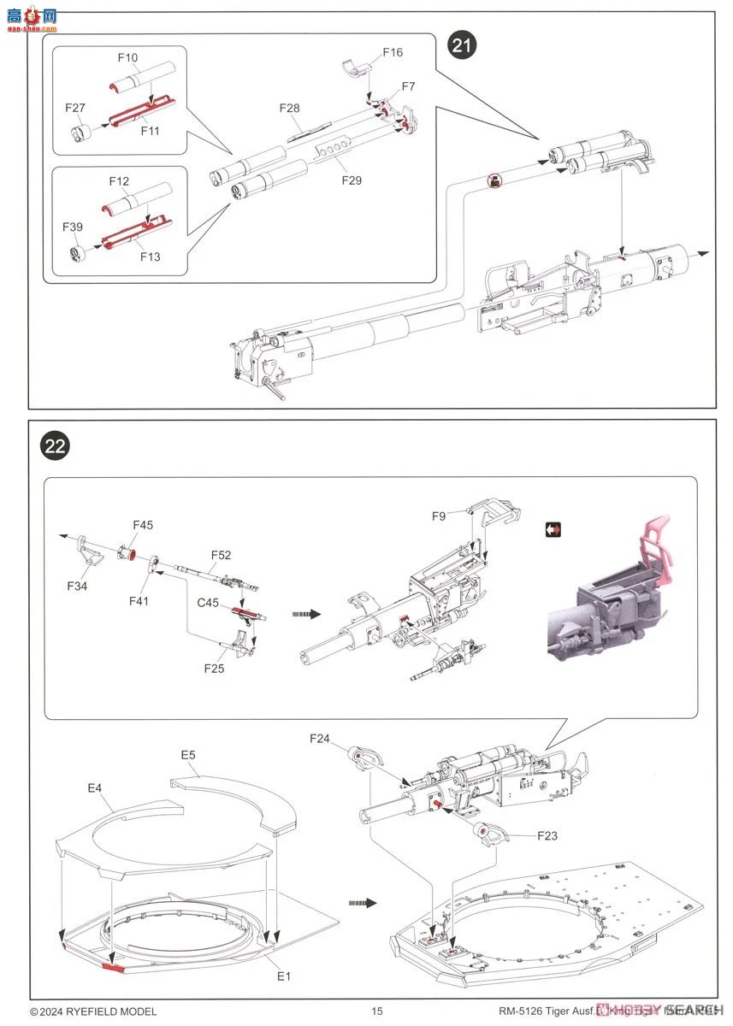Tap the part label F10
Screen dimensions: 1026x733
click(x=127, y=57)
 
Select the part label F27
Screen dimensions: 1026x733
click(x=75, y=108)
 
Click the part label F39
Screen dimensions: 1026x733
click(x=73, y=227)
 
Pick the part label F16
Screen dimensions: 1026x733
click(x=392, y=53)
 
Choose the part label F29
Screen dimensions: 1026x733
click(x=351, y=180)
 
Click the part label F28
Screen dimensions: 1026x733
click(x=289, y=108)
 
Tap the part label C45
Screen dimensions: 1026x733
click(x=208, y=602)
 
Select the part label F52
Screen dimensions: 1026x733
click(x=221, y=555)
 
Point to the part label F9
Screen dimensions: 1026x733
click(x=438, y=516)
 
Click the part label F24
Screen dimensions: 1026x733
click(x=319, y=737)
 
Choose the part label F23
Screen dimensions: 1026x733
click(x=547, y=835)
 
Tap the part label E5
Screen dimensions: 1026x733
click(x=188, y=755)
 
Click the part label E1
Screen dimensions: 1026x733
click(x=283, y=976)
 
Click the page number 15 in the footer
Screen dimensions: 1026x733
click(x=377, y=1011)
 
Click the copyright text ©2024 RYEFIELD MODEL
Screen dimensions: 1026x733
click(x=93, y=1011)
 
